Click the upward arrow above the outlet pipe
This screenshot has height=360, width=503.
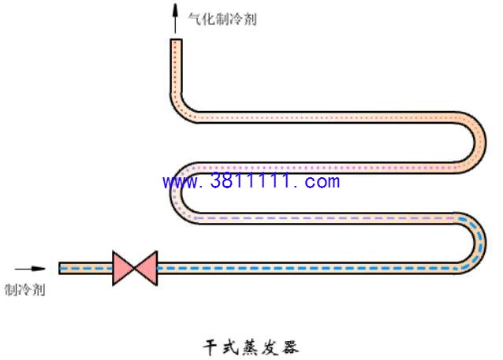[x=175, y=19]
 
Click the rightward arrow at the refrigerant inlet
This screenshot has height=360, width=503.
[x=30, y=269]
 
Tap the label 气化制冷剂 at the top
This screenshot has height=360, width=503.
[x=222, y=19]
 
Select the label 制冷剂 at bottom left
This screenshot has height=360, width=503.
[x=24, y=290]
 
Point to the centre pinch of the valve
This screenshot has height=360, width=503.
[x=134, y=269]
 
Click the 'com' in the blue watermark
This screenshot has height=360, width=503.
[x=322, y=182]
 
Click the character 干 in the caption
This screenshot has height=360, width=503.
[x=210, y=347]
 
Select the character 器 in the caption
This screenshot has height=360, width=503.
[x=290, y=347]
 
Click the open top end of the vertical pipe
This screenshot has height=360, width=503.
[x=176, y=39]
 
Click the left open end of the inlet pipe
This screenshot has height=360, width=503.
[x=60, y=269]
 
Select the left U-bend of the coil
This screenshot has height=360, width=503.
[x=176, y=193]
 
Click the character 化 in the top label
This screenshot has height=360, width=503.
[x=208, y=19]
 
